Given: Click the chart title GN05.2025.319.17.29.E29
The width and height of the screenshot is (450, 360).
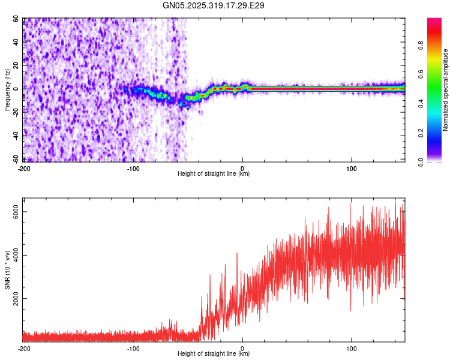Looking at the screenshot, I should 214,5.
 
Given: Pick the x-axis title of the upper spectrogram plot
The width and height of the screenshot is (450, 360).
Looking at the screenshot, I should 214,174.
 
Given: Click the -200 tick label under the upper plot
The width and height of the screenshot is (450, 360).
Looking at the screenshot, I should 24,168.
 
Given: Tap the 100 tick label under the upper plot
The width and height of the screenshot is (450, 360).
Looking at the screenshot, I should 352,168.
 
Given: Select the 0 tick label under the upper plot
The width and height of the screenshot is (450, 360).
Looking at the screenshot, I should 242,168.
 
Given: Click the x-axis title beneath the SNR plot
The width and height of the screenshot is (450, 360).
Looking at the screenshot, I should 214,354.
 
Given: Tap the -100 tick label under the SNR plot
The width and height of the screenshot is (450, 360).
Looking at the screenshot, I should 133,348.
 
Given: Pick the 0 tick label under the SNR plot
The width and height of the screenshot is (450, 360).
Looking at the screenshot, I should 242,348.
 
